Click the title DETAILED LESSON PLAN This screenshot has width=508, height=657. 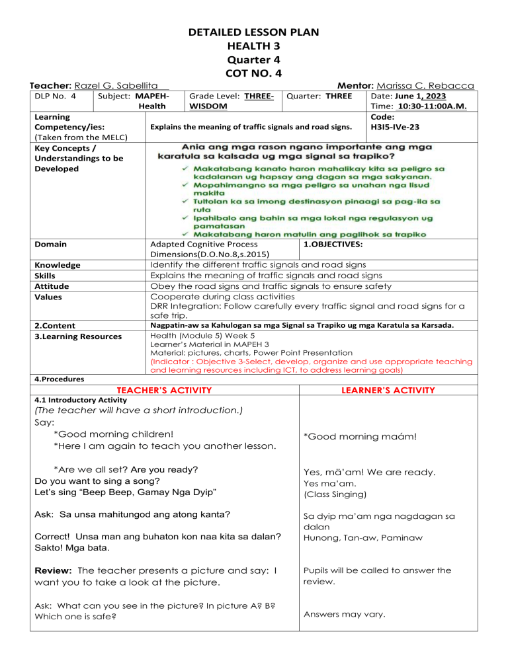pyautogui.click(x=253, y=31)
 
